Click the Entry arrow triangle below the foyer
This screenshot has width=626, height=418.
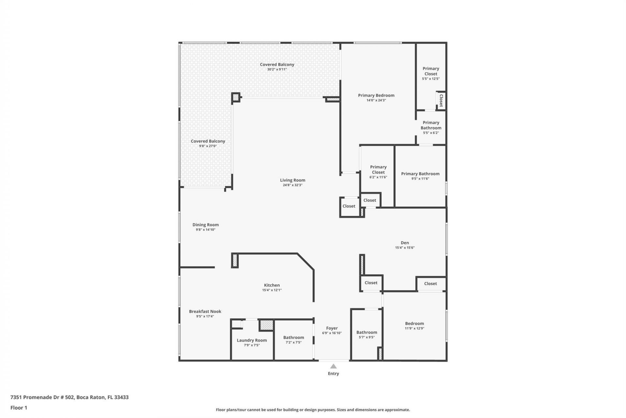click(x=333, y=366)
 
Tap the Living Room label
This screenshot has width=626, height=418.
click(x=292, y=180)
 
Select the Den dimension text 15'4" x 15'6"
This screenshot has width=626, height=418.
click(x=405, y=248)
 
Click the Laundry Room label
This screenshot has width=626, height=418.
click(x=252, y=340)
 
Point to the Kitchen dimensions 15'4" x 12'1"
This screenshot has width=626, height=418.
click(x=272, y=290)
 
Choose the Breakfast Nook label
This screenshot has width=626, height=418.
click(x=205, y=312)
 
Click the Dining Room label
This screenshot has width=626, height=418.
click(x=205, y=225)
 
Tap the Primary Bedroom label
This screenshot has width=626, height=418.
click(x=376, y=95)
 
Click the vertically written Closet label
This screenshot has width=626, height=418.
click(x=441, y=101)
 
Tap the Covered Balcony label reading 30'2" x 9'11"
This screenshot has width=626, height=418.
click(x=277, y=65)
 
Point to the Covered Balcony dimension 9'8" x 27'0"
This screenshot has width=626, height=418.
click(x=208, y=146)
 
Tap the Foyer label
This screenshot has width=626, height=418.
click(x=332, y=328)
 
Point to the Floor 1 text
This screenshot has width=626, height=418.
click(x=19, y=408)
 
